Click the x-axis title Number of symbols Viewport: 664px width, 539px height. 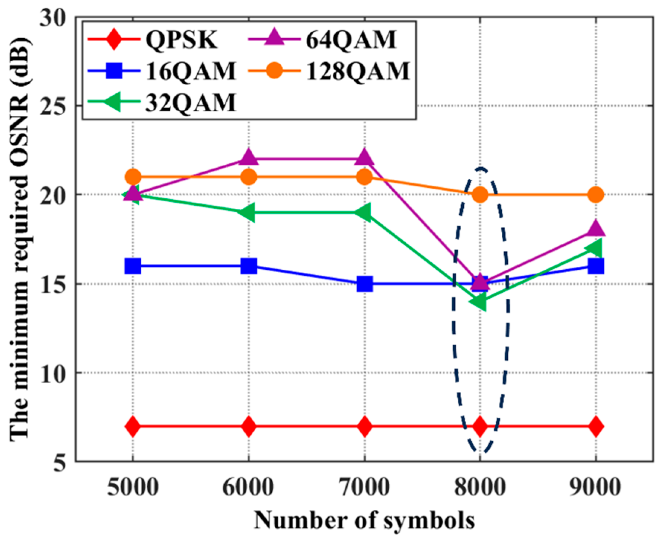(x=364, y=520)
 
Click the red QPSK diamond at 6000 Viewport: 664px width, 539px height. (x=249, y=426)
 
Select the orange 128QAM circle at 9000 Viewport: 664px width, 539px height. (x=596, y=195)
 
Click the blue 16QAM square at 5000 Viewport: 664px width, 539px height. (x=133, y=266)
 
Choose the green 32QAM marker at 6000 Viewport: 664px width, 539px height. (x=248, y=212)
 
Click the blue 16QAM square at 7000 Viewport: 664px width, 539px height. (x=364, y=284)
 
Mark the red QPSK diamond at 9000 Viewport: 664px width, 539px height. (x=596, y=426)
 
